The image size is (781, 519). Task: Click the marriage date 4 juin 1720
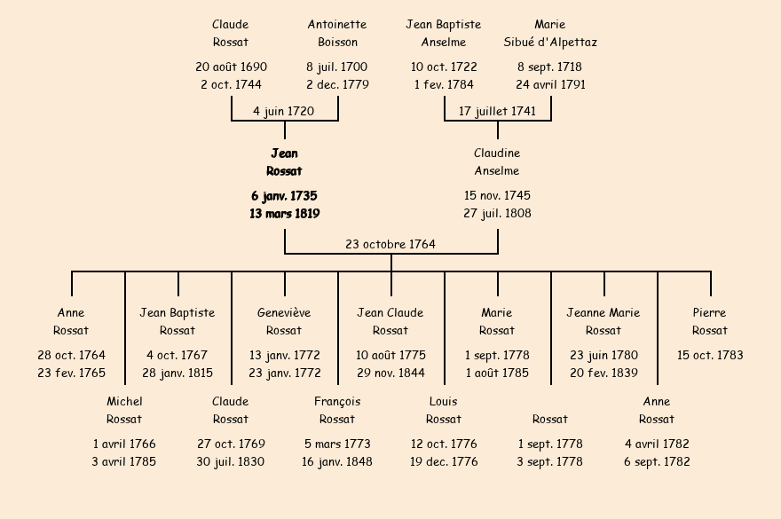point(284,111)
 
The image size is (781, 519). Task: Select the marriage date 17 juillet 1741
point(497,111)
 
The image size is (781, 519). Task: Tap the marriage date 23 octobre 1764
point(390,244)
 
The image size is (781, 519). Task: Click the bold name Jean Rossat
point(284,162)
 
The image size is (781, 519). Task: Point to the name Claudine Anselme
point(497,162)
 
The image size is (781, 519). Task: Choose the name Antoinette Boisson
point(337,33)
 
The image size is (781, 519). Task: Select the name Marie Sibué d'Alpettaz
point(550,33)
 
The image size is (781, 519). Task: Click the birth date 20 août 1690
point(231,67)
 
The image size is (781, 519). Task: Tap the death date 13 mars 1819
point(284,214)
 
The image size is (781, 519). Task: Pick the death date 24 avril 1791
point(550,84)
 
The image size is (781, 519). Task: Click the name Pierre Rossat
point(710,321)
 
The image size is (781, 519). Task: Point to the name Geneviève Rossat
point(284,321)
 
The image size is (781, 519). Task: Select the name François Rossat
point(337,410)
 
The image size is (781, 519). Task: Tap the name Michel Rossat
point(124,410)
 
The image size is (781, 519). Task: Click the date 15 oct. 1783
point(710,355)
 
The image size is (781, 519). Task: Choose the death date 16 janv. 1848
point(337,461)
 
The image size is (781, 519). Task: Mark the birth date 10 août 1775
point(390,355)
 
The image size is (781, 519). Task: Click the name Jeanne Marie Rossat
point(603,321)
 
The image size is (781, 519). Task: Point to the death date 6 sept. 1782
point(657,461)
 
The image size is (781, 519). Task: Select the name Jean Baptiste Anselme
point(444,33)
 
